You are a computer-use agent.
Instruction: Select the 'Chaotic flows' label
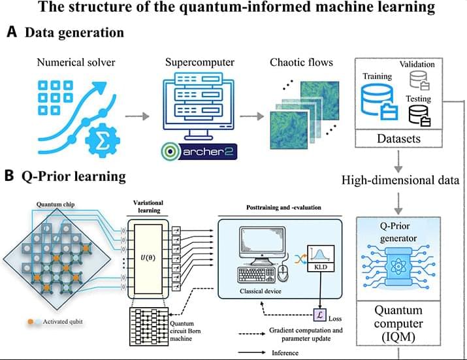click(x=301, y=63)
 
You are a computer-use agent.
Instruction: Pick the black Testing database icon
click(x=418, y=115)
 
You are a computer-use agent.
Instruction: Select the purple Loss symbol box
click(x=320, y=315)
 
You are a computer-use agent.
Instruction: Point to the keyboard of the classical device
click(x=257, y=274)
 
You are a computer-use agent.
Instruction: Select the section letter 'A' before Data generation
click(x=11, y=33)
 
